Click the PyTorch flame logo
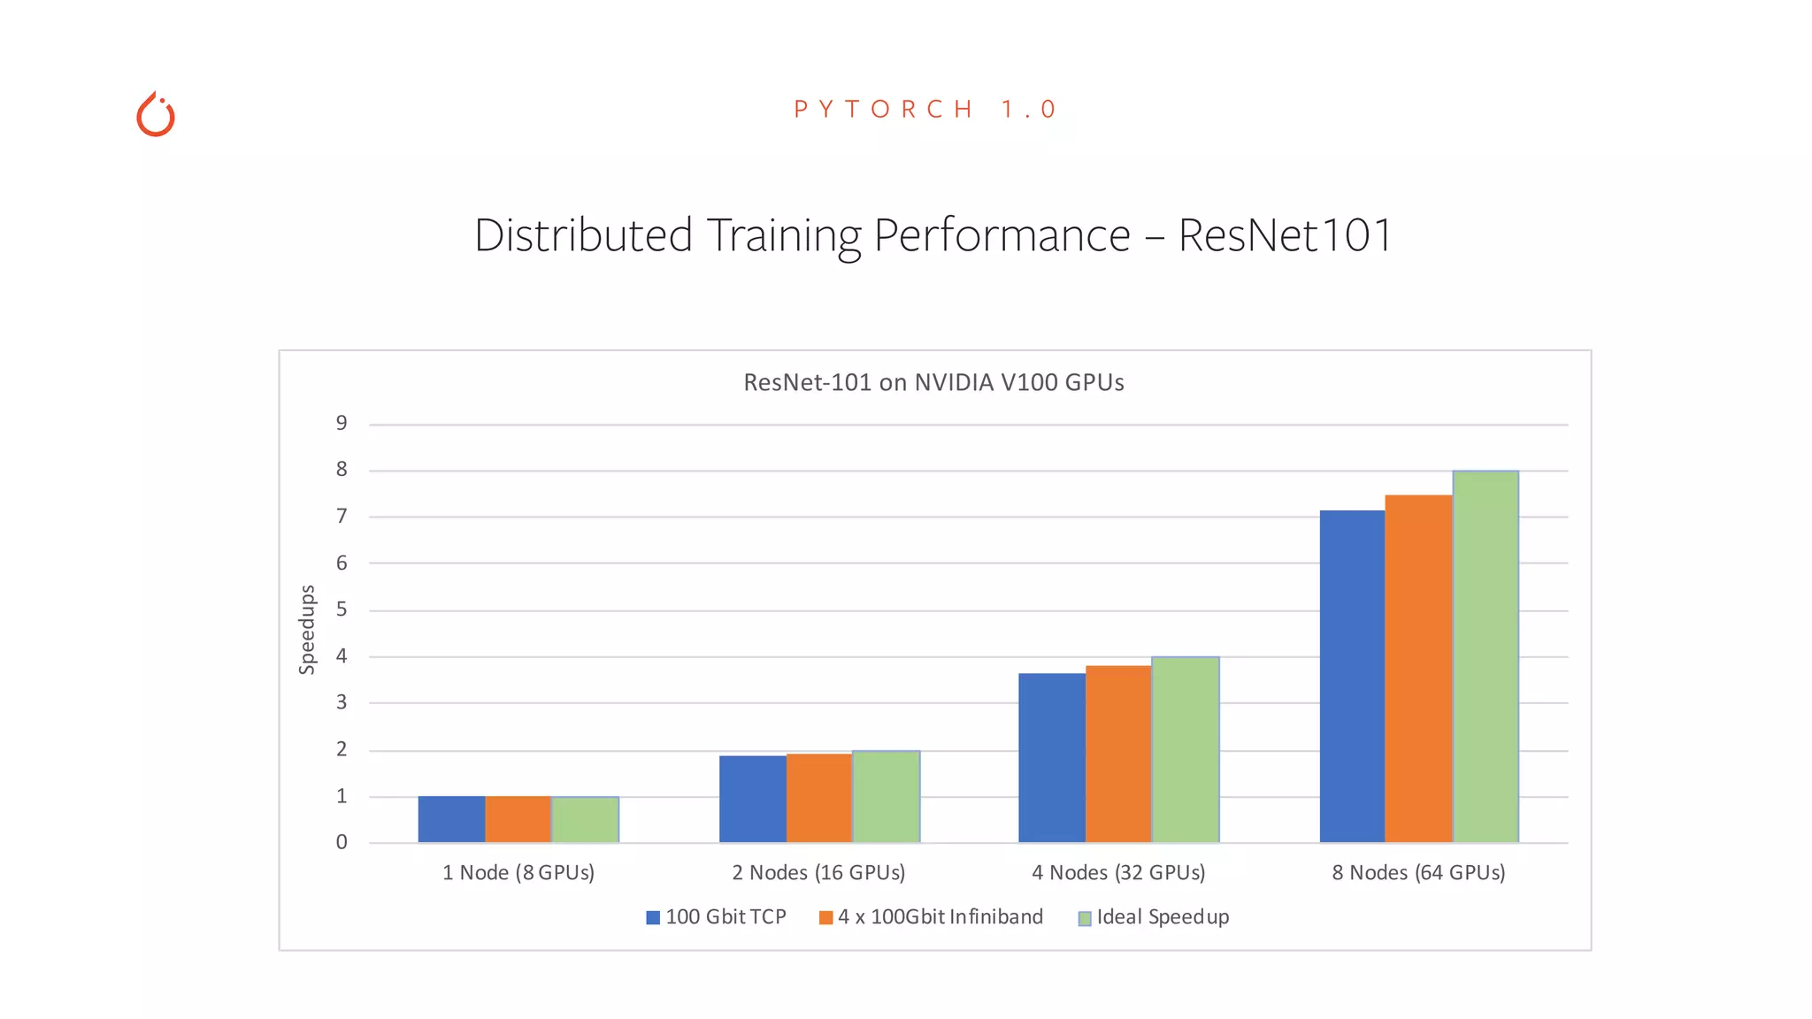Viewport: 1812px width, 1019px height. coord(156,115)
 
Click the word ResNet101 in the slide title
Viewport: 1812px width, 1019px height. coord(1285,235)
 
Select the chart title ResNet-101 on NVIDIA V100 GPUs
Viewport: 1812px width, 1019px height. coord(933,382)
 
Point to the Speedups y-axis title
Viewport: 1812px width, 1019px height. coord(307,630)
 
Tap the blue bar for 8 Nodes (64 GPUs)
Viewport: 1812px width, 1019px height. coord(1352,677)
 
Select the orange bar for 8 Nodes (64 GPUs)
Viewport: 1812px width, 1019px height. coord(1418,669)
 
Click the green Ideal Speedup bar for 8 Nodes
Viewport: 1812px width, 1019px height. coord(1486,656)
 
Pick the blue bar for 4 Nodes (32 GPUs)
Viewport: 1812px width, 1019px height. coord(1052,758)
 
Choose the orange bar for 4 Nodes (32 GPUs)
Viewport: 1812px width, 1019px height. coord(1118,754)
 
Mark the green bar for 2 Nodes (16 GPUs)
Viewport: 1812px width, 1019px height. coord(886,796)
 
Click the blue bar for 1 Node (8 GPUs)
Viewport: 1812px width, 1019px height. coord(451,819)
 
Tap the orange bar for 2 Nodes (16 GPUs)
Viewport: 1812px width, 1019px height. coord(819,798)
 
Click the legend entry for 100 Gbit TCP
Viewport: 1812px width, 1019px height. coord(717,917)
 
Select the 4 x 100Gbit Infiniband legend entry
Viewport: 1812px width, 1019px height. coord(932,917)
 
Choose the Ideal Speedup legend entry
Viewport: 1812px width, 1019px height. coord(1154,917)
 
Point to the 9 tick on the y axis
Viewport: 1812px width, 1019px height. coord(342,424)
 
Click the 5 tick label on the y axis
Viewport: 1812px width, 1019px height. coord(342,609)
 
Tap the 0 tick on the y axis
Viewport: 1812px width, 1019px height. coord(342,843)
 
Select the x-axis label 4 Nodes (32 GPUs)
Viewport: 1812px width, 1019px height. coord(1118,873)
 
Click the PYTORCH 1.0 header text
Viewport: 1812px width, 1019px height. coord(925,110)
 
